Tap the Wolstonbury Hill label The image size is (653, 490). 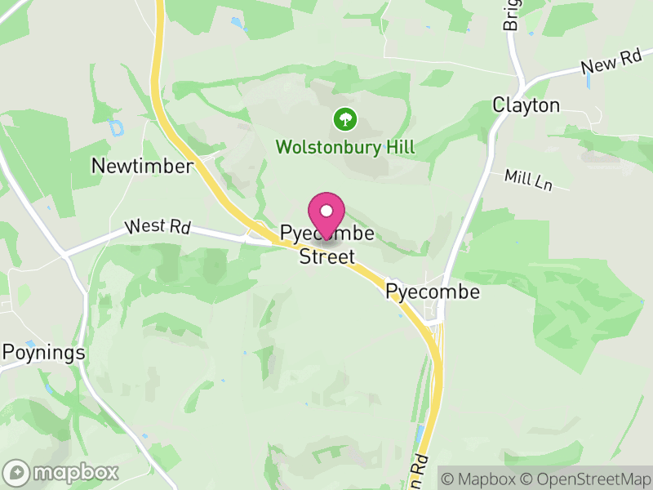pos(345,148)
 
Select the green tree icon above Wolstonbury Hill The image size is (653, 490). pos(345,119)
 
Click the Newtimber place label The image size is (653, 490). pos(142,166)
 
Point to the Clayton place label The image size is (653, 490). pos(526,105)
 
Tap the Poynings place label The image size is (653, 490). pos(43,353)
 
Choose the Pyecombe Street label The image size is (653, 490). pos(326,245)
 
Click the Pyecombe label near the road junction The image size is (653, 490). pos(433,292)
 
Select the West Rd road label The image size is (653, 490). pos(158,226)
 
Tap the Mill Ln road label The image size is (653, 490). pos(528,180)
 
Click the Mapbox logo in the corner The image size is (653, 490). pos(62,472)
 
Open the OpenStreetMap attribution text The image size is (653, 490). pos(587,478)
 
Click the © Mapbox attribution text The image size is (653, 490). pos(480,478)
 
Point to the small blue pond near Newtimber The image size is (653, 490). pos(117,128)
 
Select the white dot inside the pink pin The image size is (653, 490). pos(326,211)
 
